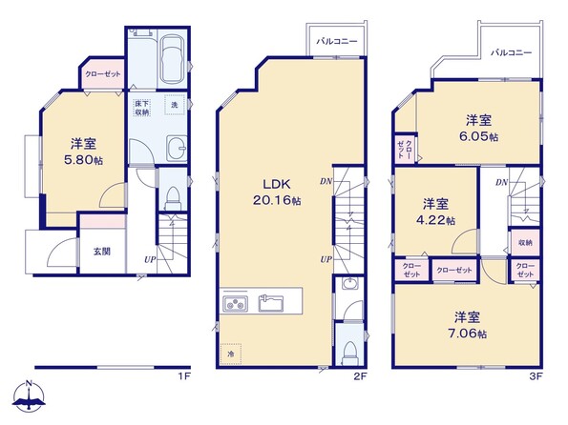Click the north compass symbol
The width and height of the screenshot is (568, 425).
point(29,396)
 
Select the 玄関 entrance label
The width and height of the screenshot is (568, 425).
point(102,251)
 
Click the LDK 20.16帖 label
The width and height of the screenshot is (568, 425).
point(277,192)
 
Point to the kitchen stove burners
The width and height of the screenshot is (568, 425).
point(235,303)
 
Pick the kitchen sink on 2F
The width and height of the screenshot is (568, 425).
point(270,303)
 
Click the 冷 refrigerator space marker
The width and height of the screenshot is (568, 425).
point(230,354)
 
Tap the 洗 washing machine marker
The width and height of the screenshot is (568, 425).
point(175,105)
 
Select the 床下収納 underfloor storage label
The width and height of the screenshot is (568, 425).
point(142,108)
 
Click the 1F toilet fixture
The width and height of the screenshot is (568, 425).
point(173,198)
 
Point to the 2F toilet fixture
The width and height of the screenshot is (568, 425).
point(350,353)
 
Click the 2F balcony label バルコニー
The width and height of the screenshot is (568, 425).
point(337,41)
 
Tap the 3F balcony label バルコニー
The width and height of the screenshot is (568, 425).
point(511,52)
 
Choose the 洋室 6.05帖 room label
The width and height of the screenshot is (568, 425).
point(478,128)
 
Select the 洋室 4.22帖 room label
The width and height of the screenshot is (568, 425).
point(435,212)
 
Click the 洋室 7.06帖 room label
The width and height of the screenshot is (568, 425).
point(468,325)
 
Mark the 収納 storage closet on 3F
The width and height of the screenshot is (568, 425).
point(525,243)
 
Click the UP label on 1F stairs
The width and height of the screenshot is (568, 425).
point(150,259)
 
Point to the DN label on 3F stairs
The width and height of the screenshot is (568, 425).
point(502,182)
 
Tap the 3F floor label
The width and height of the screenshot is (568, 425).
point(536,377)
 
